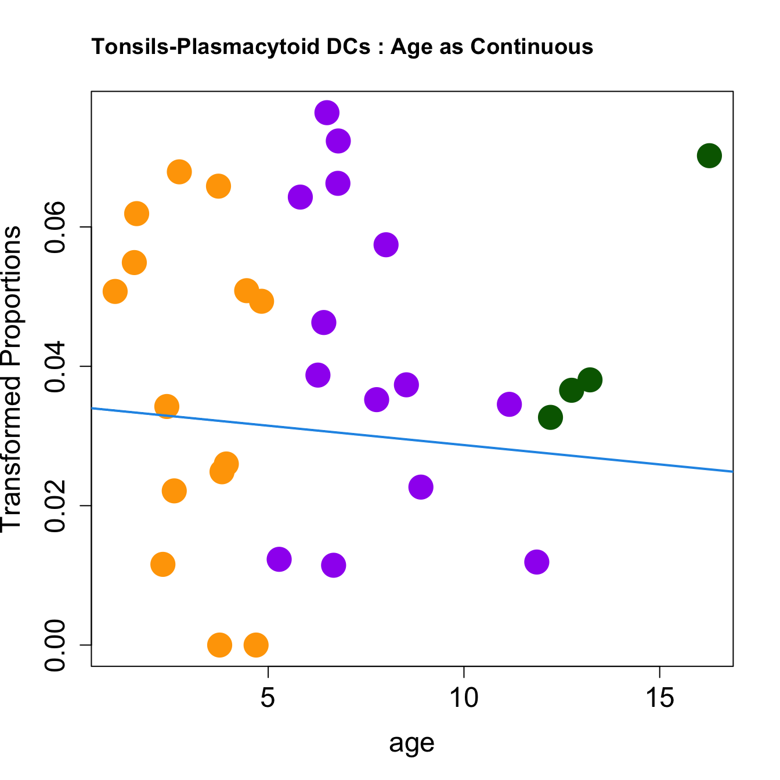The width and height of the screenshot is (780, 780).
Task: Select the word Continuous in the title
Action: (x=532, y=46)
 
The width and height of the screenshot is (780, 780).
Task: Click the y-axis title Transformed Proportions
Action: (x=12, y=378)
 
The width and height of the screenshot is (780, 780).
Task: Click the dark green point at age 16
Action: (x=709, y=156)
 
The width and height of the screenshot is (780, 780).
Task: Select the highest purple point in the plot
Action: (x=327, y=113)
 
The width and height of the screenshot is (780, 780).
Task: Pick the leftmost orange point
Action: (x=115, y=291)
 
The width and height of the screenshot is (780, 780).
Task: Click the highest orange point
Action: (x=179, y=172)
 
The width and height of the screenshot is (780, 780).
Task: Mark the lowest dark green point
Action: (x=550, y=417)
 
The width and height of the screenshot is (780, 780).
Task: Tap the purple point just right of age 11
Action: (x=509, y=404)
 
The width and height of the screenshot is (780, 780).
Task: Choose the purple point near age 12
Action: (x=537, y=562)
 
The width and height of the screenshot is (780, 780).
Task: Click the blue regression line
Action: (x=412, y=440)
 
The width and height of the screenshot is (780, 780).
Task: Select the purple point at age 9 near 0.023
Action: (x=421, y=486)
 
